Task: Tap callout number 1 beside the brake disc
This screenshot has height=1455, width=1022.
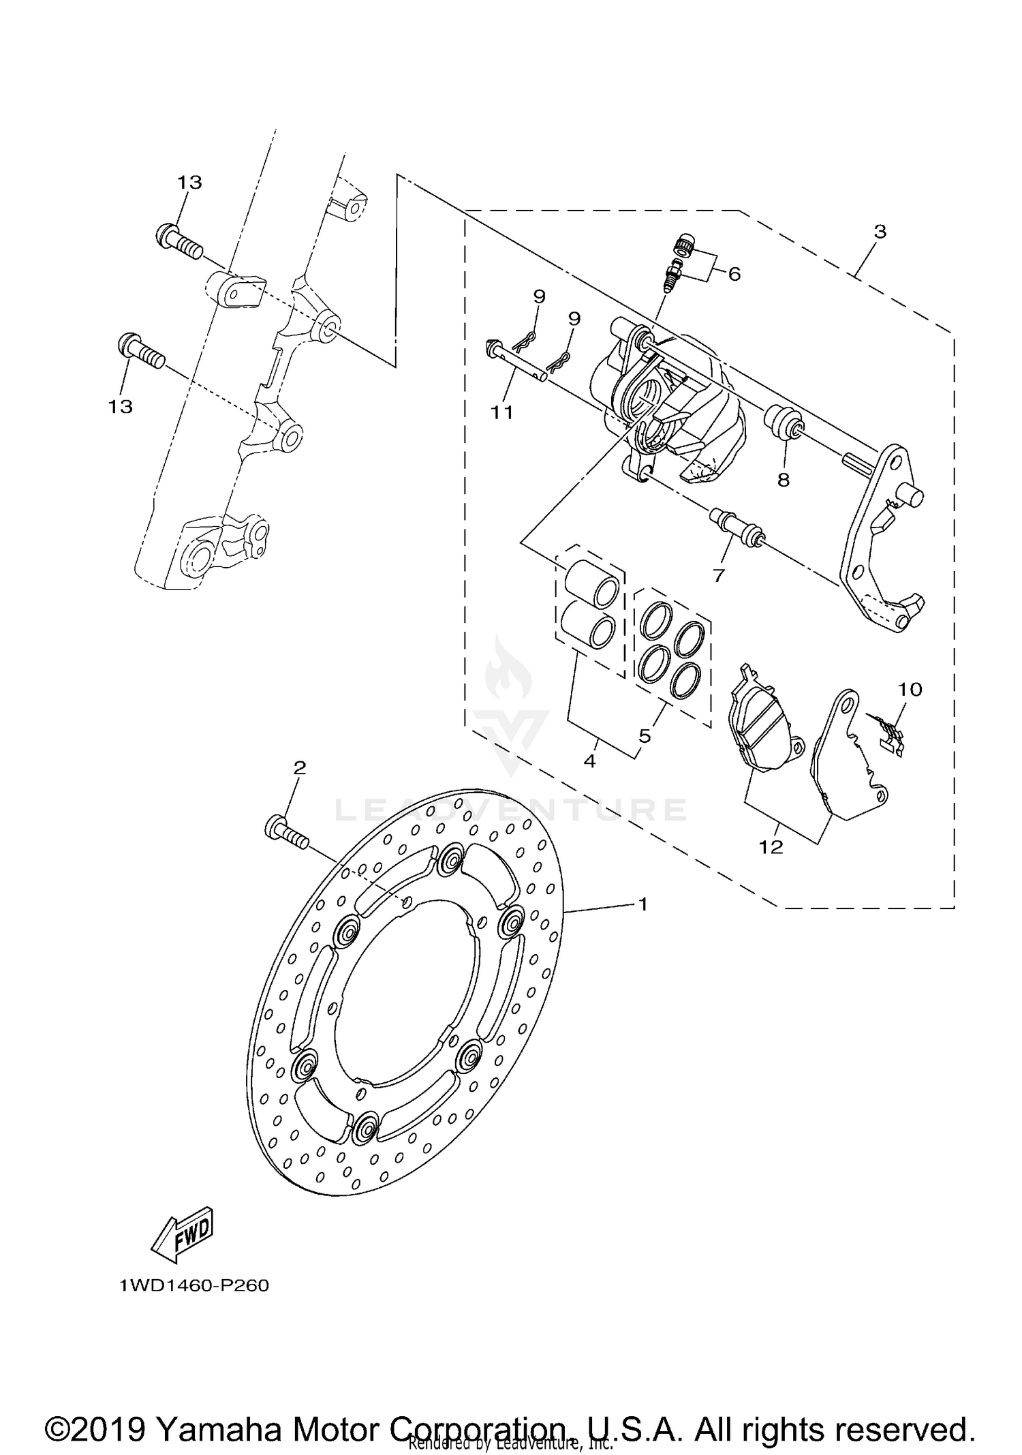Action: point(642,904)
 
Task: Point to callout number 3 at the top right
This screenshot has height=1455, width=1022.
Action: point(880,232)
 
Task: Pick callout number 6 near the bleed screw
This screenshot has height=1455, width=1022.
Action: point(734,274)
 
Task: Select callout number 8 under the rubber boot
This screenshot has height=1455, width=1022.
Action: point(784,480)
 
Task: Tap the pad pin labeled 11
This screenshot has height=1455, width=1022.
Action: point(518,361)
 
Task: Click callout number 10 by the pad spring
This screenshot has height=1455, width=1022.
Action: point(910,689)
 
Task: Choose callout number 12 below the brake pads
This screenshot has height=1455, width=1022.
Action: point(771,847)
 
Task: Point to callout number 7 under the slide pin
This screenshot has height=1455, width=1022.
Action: point(718,576)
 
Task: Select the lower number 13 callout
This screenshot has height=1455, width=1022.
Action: point(120,406)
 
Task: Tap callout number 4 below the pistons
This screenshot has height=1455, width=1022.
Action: point(590,761)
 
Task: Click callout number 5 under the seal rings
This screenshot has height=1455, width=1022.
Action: point(645,735)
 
